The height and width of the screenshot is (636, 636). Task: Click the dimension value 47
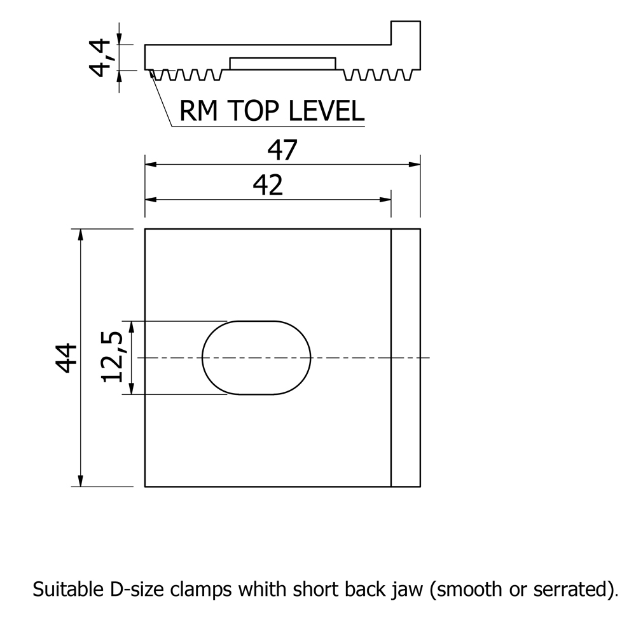(x=282, y=151)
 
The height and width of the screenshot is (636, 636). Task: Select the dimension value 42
(x=268, y=186)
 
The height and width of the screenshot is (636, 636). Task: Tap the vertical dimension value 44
(x=66, y=357)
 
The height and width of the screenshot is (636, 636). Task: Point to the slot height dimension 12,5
(x=112, y=357)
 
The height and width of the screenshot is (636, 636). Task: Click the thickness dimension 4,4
(x=100, y=57)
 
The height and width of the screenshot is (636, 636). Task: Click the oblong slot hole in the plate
(x=256, y=357)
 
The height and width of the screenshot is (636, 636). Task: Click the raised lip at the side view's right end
(x=405, y=41)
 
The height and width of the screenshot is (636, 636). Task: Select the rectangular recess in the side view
(x=282, y=64)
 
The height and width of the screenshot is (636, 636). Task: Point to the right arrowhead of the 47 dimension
(x=415, y=165)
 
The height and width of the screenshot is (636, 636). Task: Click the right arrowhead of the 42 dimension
(x=385, y=200)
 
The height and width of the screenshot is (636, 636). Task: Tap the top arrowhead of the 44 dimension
(x=80, y=234)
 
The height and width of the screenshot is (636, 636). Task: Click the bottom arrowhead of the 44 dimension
(x=80, y=481)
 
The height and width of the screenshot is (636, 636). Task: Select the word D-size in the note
(x=125, y=590)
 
